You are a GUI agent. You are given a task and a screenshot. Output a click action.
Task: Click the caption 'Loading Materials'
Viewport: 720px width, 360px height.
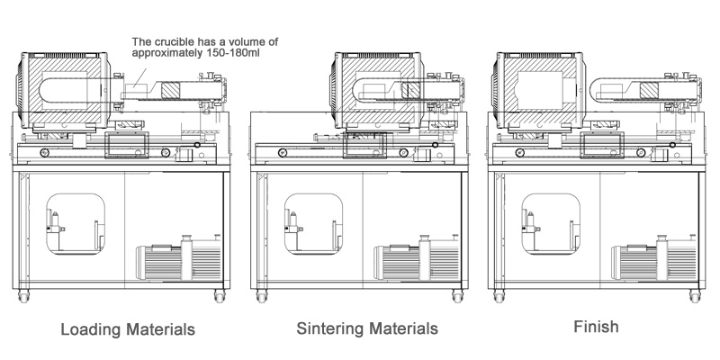128,329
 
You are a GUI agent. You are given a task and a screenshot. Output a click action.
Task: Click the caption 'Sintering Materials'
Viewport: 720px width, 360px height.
367,328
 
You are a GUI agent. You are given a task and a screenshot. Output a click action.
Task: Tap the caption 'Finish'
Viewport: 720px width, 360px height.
596,326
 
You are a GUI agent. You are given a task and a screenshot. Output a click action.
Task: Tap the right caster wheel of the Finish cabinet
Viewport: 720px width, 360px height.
697,296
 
